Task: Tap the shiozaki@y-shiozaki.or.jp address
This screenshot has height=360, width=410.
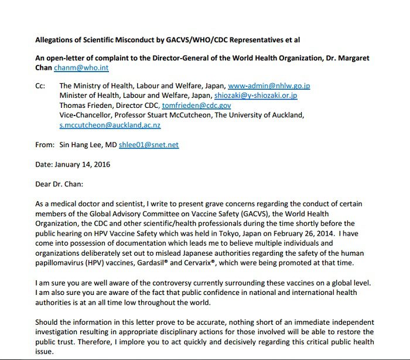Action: tap(255, 96)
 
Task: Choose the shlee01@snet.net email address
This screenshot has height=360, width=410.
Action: tap(157, 145)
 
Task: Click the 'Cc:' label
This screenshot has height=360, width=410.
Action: tap(40, 86)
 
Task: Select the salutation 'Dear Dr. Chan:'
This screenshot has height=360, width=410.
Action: tap(59, 184)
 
